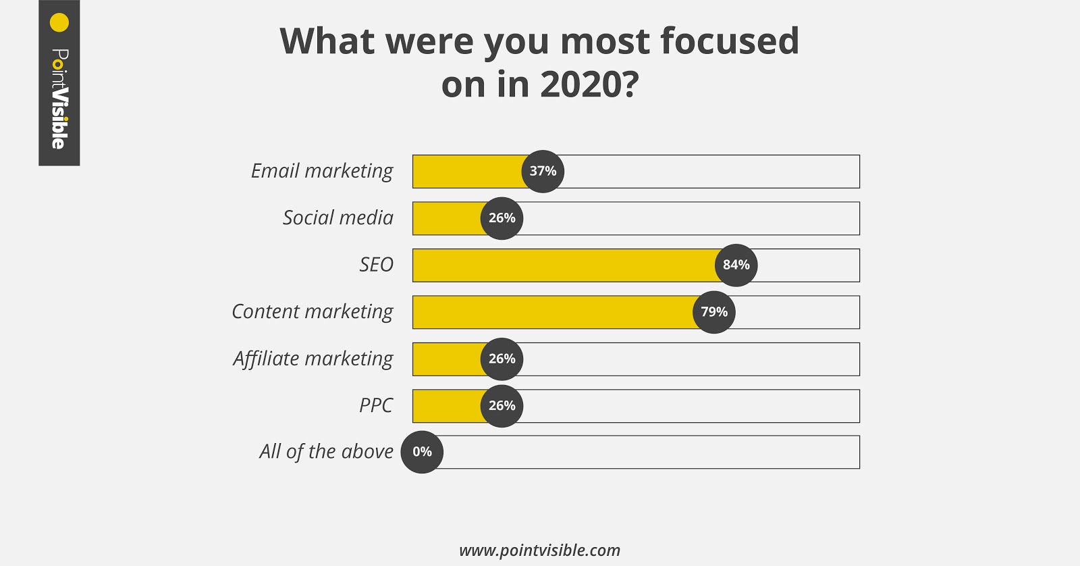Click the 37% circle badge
[x=543, y=172]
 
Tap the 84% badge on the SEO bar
[x=736, y=265]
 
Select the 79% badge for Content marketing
[x=713, y=312]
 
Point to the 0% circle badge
[x=422, y=452]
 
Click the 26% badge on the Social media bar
[x=502, y=218]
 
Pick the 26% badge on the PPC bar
[x=502, y=406]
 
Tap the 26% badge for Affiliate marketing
[x=502, y=359]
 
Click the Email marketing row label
[x=322, y=172]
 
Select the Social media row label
[x=337, y=218]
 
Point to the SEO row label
[x=376, y=265]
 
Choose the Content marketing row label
[x=312, y=312]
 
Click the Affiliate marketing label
[x=313, y=359]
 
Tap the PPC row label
[x=376, y=406]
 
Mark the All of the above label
[x=326, y=452]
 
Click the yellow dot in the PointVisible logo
[x=59, y=23]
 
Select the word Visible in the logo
[x=59, y=118]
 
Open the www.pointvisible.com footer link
[x=539, y=550]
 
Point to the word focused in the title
[x=729, y=42]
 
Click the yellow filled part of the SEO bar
[x=564, y=265]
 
